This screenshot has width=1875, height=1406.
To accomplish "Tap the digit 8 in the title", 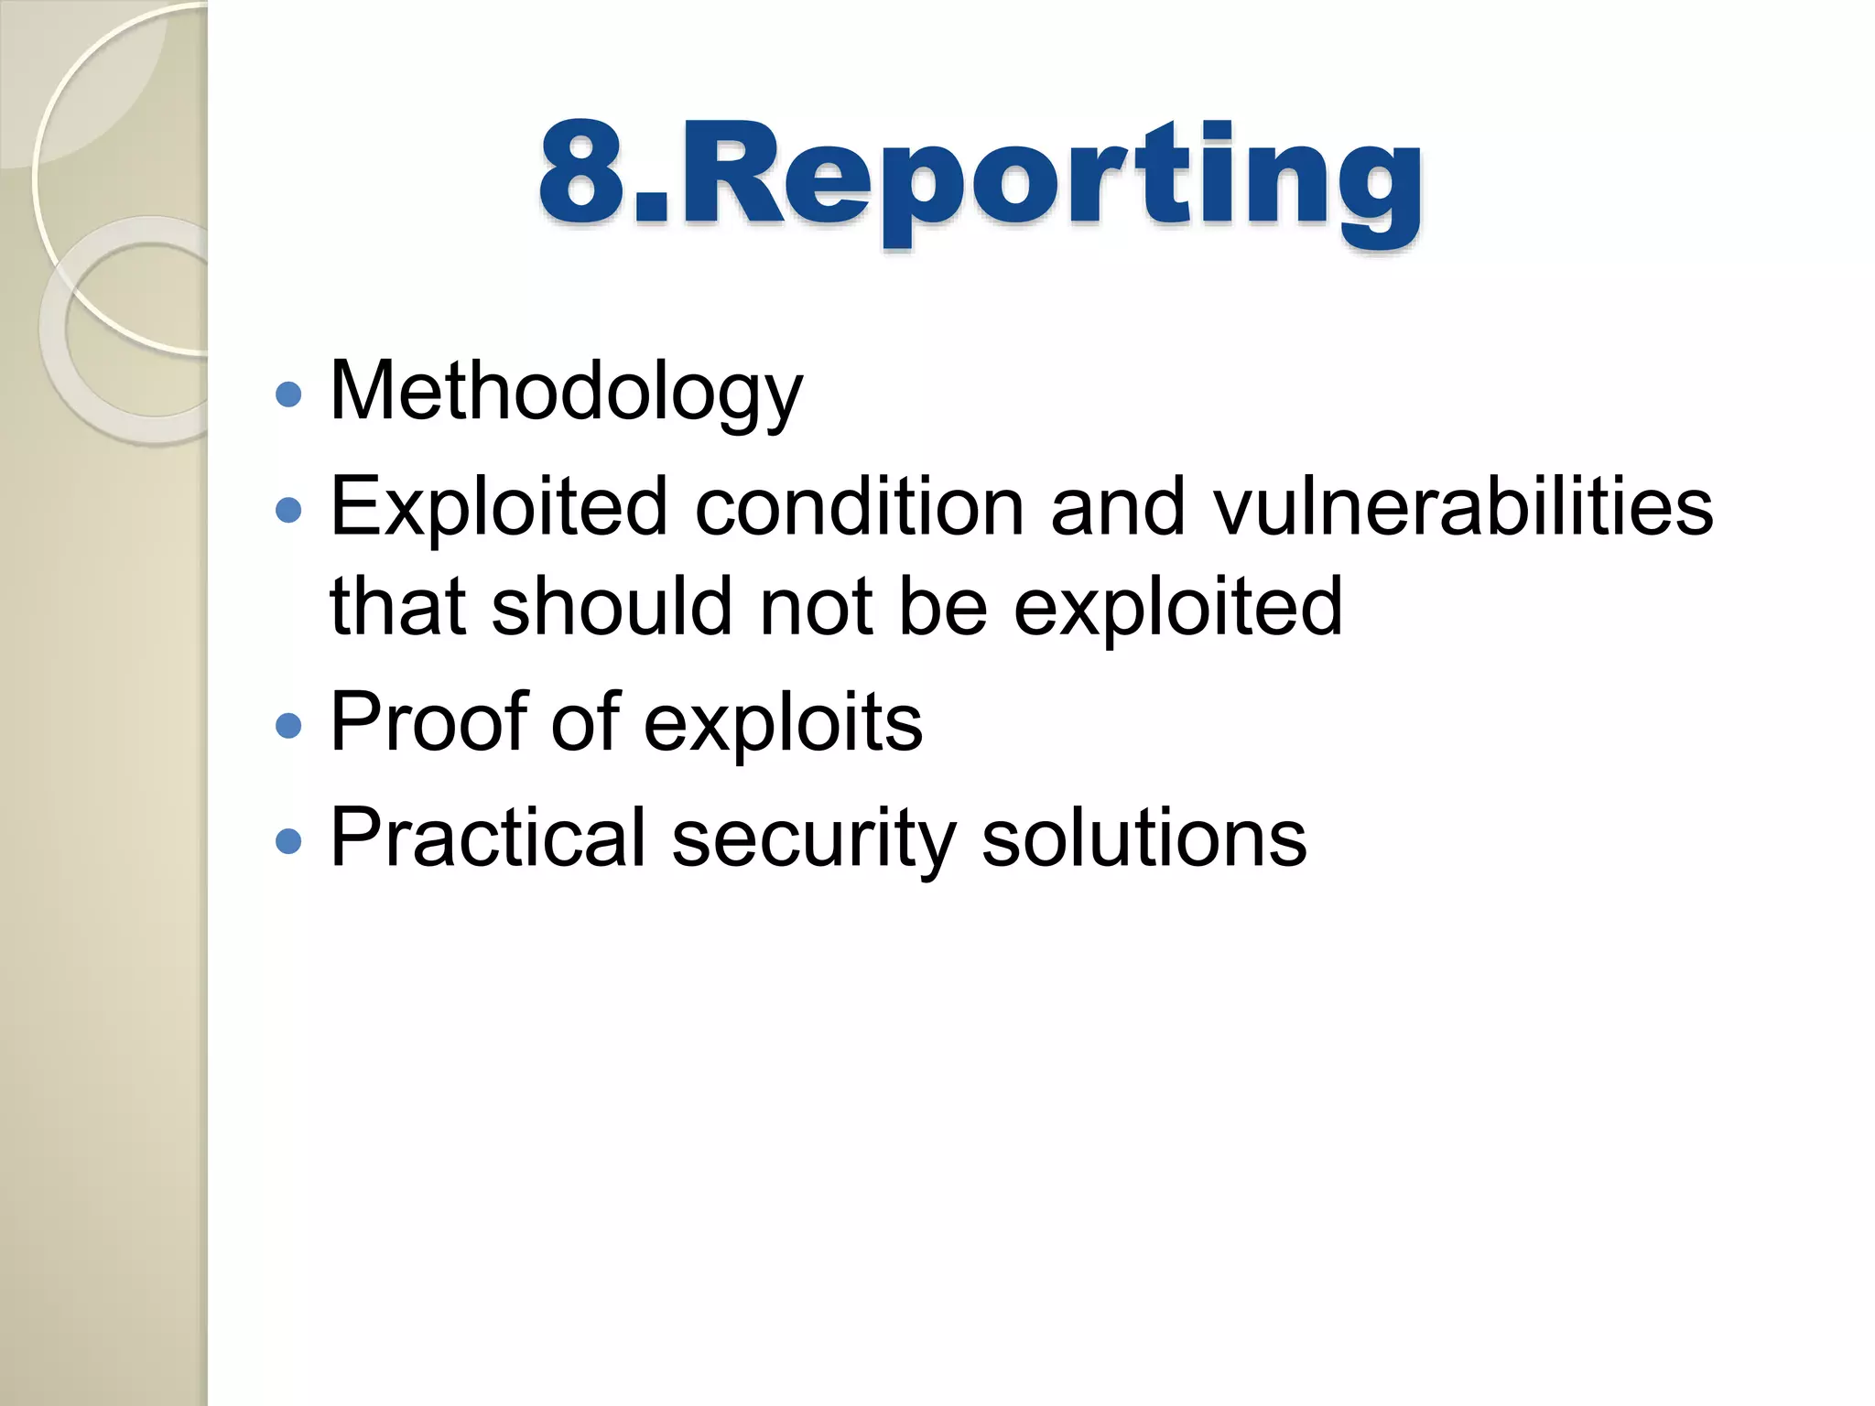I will (x=582, y=174).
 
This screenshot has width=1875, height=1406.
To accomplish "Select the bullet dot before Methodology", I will (x=288, y=395).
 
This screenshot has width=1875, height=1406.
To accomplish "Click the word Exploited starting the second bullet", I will (x=498, y=509).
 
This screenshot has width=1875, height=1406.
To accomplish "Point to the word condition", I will (x=859, y=509).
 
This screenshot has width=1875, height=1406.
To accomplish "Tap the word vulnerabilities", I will (x=1463, y=509).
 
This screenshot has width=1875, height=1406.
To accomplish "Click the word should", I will (x=612, y=608).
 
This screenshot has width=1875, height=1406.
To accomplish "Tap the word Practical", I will (x=488, y=838).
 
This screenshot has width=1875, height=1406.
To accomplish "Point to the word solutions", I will (x=1143, y=838).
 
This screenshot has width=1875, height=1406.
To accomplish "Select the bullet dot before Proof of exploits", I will (x=288, y=726).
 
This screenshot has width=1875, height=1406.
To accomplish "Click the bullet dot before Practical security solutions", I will (x=288, y=841).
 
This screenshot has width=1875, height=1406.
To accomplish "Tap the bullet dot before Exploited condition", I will (x=288, y=510).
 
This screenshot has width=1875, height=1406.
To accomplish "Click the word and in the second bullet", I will (x=1117, y=509).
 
